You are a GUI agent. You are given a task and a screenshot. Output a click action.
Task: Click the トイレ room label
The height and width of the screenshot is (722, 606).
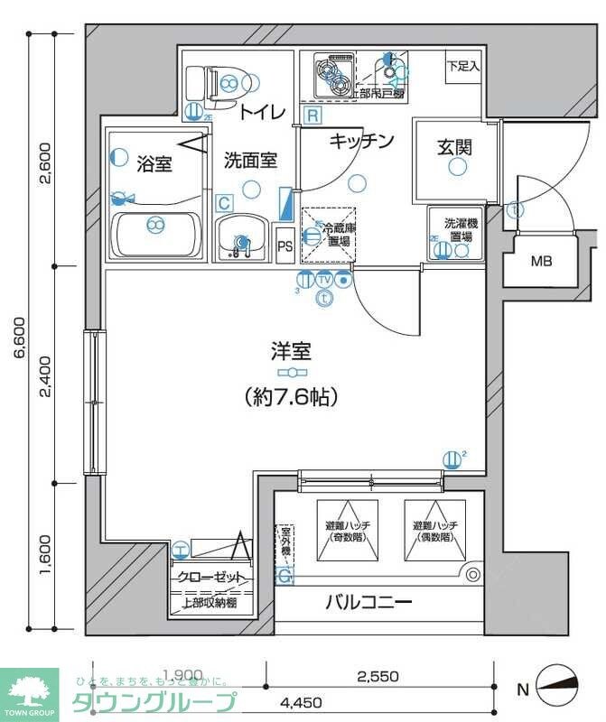263,112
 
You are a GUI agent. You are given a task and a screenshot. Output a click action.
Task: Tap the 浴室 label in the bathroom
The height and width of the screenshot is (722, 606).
154,163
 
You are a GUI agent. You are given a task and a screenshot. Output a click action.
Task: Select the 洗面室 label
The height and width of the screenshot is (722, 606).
250,161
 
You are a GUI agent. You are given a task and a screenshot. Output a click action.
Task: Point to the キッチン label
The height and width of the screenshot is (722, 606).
361,141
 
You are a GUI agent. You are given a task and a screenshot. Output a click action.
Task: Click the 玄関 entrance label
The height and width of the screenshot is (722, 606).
456,146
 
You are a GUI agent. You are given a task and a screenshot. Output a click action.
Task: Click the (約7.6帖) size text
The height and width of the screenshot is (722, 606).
290,395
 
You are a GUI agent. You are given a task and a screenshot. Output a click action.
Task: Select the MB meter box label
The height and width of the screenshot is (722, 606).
541,263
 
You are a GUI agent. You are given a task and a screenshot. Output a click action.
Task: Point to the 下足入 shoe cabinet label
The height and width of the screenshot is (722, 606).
463,66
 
